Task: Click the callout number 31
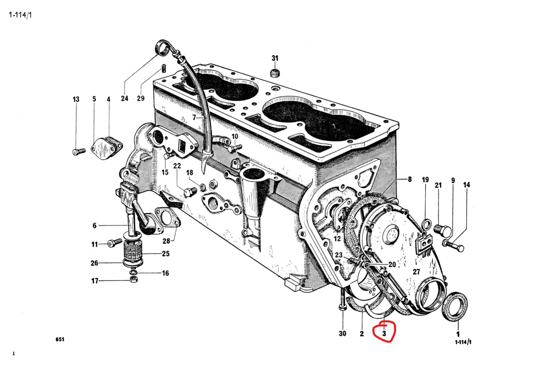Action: point(275,58)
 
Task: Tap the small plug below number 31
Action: point(275,72)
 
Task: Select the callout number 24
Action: point(124,98)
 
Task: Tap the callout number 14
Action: point(466,185)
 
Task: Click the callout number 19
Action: point(425,180)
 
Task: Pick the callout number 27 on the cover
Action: point(416,272)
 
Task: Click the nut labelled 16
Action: point(134,273)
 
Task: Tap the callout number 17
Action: point(95,281)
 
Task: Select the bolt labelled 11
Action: point(114,244)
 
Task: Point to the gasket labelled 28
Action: point(166,217)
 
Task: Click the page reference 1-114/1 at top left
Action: point(20,15)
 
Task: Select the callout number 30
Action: point(343,334)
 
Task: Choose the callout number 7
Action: point(194,117)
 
